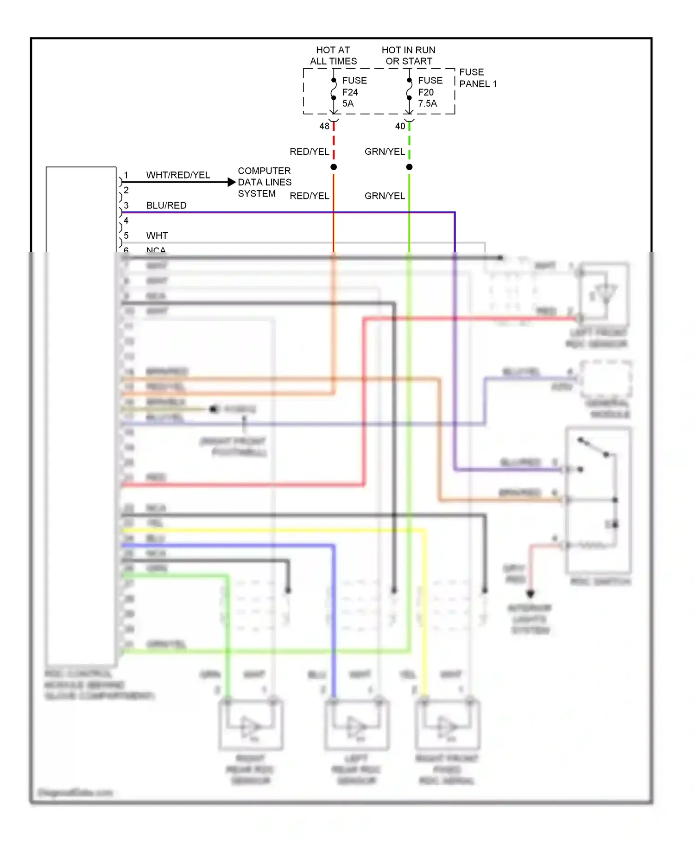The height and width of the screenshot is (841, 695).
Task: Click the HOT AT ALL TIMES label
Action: pyautogui.click(x=333, y=56)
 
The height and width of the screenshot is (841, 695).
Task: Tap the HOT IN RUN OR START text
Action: pyautogui.click(x=408, y=56)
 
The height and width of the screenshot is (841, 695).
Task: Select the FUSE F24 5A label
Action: pyautogui.click(x=354, y=92)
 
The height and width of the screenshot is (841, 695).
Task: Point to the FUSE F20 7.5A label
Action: pyautogui.click(x=430, y=92)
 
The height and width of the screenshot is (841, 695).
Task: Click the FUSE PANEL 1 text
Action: pyautogui.click(x=478, y=78)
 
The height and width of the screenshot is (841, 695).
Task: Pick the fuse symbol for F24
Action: pyautogui.click(x=334, y=89)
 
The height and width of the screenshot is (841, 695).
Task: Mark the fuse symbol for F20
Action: pyautogui.click(x=409, y=89)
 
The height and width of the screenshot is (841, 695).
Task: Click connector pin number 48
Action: pyautogui.click(x=324, y=126)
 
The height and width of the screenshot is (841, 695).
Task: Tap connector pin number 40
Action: pyautogui.click(x=400, y=126)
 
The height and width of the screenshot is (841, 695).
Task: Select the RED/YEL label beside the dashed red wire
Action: pyautogui.click(x=309, y=152)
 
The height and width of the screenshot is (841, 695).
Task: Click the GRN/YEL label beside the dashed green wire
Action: pyautogui.click(x=385, y=152)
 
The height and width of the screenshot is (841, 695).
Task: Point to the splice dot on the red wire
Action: pyautogui.click(x=334, y=167)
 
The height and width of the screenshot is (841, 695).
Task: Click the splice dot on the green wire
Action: pyautogui.click(x=409, y=167)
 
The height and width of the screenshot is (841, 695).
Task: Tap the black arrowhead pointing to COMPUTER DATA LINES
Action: pyautogui.click(x=232, y=182)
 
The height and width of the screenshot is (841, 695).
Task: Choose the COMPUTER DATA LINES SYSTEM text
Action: pyautogui.click(x=265, y=182)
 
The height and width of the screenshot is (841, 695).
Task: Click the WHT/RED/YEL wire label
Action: pyautogui.click(x=178, y=175)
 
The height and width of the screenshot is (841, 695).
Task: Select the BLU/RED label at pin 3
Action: pyautogui.click(x=166, y=205)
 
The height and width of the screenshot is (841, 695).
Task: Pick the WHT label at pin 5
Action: pyautogui.click(x=157, y=236)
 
